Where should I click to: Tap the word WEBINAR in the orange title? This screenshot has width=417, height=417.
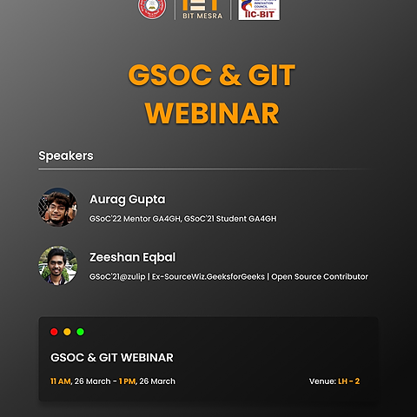[212, 113]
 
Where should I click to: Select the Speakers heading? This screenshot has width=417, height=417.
[66, 156]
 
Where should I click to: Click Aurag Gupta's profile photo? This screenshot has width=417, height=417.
[57, 207]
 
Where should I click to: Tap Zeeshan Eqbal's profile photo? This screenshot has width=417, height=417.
[57, 265]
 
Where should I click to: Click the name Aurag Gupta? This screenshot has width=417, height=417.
[127, 199]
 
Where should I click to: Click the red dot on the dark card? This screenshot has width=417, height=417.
[54, 332]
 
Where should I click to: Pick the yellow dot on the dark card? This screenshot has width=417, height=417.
[67, 332]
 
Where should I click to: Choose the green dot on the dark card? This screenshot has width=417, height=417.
[80, 332]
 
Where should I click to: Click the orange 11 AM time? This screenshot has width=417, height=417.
[61, 381]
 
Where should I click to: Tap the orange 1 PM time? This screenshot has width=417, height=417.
[127, 381]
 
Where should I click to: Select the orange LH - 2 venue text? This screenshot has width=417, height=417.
[348, 381]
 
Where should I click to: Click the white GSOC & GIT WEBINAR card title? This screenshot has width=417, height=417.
[112, 358]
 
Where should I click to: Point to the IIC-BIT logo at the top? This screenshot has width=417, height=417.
[258, 10]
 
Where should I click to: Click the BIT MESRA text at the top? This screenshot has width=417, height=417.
[199, 15]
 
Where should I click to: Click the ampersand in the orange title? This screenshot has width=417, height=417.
[228, 76]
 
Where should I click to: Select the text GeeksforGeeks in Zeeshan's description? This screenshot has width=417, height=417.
[237, 277]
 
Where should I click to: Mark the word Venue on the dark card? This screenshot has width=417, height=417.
[321, 381]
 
